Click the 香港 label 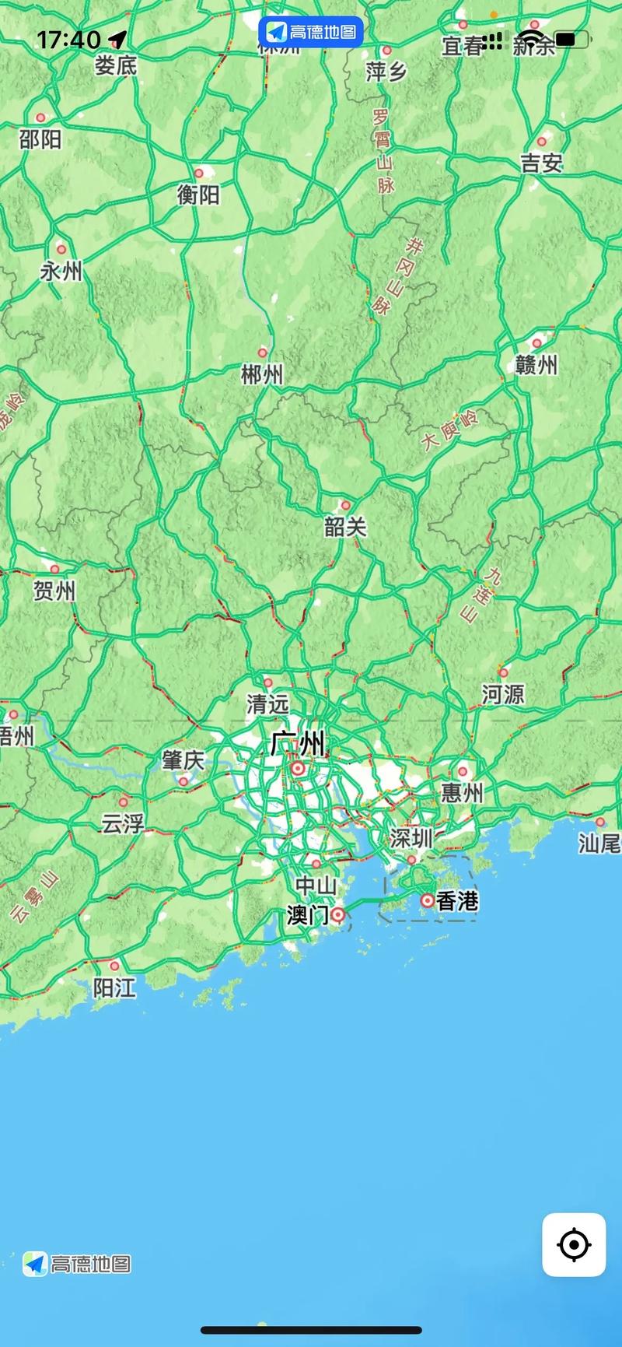[457, 901]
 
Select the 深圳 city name [411, 838]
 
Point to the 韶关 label [345, 527]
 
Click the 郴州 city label [262, 375]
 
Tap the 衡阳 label [198, 195]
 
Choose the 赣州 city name [536, 364]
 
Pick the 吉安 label [541, 163]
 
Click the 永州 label [61, 272]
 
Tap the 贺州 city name [54, 591]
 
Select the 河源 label [503, 694]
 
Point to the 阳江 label [114, 987]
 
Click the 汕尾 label [599, 843]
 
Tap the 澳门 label [307, 915]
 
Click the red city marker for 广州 [298, 769]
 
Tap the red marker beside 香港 [427, 900]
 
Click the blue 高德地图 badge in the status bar [311, 32]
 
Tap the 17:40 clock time [68, 40]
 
